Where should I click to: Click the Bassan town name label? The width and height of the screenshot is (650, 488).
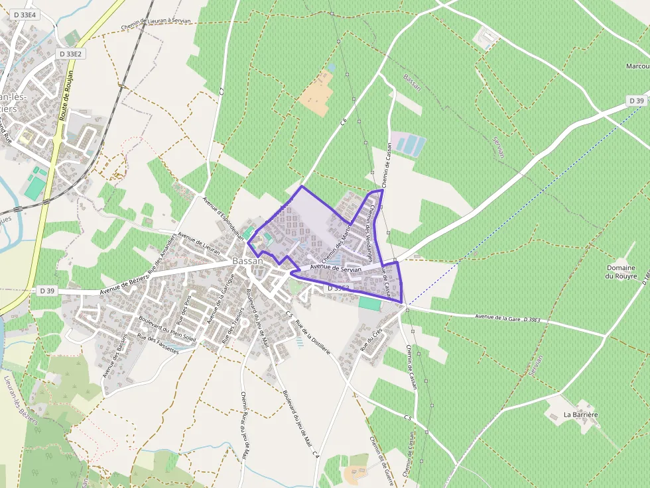pos(247,261)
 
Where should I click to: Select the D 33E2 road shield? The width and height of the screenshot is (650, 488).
pos(70,54)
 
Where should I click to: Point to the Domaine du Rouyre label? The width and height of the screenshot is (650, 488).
pos(621,271)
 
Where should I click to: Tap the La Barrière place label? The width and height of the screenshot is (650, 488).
pos(580,415)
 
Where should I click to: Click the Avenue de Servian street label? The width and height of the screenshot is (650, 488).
pos(336,269)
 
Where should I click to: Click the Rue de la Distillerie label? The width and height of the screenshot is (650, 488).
pos(313,338)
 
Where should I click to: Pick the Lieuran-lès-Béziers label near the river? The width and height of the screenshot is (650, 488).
pos(21,402)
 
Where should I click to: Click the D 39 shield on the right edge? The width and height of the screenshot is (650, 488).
pos(636,101)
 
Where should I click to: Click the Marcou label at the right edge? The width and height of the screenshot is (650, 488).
pos(637,66)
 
